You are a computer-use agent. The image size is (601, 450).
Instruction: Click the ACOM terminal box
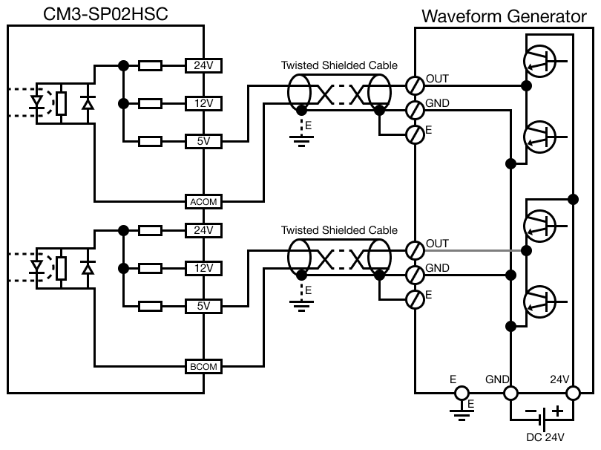[203, 201]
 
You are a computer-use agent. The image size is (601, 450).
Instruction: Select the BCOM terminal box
[203, 366]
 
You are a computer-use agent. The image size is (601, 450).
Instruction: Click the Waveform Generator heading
[509, 16]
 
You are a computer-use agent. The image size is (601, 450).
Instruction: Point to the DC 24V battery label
[545, 437]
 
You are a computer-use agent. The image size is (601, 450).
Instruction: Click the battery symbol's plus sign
[556, 411]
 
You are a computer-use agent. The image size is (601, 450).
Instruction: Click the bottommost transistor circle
[539, 301]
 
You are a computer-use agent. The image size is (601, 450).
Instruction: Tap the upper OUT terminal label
[438, 79]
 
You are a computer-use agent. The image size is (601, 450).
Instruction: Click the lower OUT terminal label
[438, 244]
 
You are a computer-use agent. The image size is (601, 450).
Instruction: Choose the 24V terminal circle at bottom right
[572, 392]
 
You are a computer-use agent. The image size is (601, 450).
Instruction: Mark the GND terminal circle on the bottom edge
[510, 392]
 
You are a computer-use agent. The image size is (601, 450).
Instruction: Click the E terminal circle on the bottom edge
[462, 392]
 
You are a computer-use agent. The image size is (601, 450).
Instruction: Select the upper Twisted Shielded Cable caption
[338, 65]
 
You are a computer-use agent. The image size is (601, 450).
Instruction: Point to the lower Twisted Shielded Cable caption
[338, 230]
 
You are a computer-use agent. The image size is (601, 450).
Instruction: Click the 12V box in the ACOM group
[203, 102]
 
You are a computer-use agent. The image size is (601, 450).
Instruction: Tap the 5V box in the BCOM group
[203, 305]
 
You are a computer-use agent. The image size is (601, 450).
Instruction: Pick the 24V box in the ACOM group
[203, 65]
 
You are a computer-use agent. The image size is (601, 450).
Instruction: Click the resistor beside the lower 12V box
[151, 267]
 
